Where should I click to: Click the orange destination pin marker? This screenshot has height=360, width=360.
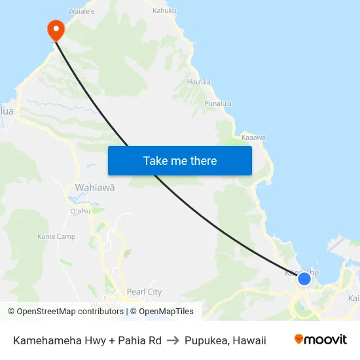pyautogui.click(x=55, y=28)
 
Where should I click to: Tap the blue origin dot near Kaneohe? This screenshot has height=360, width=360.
pyautogui.click(x=304, y=279)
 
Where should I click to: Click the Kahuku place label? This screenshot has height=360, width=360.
pyautogui.click(x=164, y=10)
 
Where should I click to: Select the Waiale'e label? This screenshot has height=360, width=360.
pyautogui.click(x=82, y=11)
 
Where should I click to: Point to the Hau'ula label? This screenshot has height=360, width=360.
pyautogui.click(x=199, y=82)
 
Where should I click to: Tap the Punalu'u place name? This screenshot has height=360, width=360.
pyautogui.click(x=218, y=103)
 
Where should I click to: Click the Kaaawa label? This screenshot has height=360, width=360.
pyautogui.click(x=254, y=137)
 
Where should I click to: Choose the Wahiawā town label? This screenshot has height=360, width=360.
pyautogui.click(x=95, y=187)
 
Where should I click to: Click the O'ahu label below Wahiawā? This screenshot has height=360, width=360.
pyautogui.click(x=79, y=211)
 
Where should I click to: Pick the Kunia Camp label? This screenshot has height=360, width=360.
pyautogui.click(x=56, y=236)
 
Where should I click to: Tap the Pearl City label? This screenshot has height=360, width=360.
pyautogui.click(x=144, y=292)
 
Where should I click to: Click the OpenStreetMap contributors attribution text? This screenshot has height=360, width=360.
pyautogui.click(x=65, y=312)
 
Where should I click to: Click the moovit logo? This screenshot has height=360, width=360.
pyautogui.click(x=321, y=340)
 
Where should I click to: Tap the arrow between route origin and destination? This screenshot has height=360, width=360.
pyautogui.click(x=173, y=340)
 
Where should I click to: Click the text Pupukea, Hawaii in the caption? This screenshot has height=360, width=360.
pyautogui.click(x=225, y=340)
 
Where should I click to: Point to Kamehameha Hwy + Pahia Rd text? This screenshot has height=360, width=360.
pyautogui.click(x=87, y=340)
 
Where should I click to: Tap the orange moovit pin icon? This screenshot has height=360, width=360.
pyautogui.click(x=299, y=339)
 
